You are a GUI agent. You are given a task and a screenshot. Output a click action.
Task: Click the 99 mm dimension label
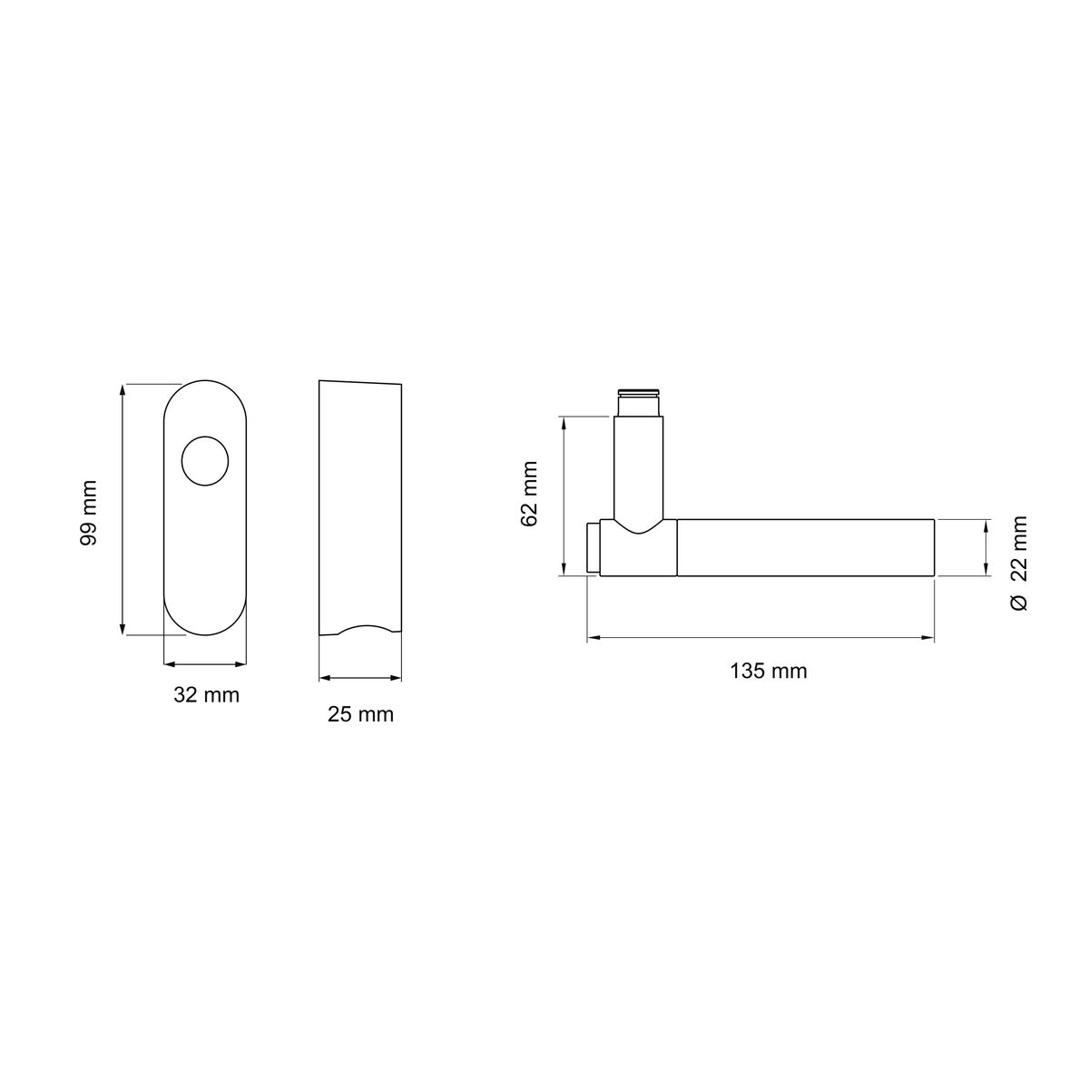[x=88, y=513]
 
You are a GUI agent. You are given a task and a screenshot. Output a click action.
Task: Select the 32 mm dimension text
[x=206, y=695]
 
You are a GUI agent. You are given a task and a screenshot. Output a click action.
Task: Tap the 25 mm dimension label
[x=360, y=714]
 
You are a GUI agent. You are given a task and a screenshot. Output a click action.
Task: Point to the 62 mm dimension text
[x=529, y=494]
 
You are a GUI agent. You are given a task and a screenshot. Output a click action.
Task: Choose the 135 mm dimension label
[x=768, y=671]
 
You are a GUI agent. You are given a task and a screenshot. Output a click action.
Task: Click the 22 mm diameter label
[x=1018, y=548]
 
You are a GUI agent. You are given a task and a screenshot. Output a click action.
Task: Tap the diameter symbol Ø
[x=1018, y=603]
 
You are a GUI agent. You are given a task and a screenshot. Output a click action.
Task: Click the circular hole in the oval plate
[x=205, y=461]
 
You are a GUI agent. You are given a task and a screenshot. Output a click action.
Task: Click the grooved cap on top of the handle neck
[x=638, y=392]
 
